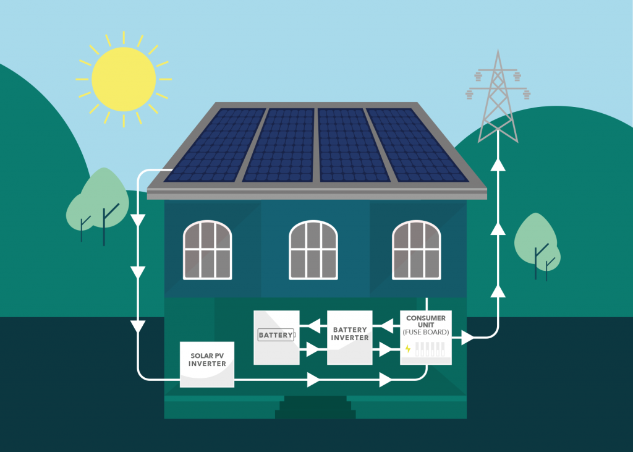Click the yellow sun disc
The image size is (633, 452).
[124, 79]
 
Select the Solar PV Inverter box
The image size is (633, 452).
[207, 364]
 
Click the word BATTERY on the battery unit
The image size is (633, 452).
[275, 335]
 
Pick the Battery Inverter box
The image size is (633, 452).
[350, 337]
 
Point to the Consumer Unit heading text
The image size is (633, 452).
[426, 322]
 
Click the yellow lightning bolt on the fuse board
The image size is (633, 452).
[408, 349]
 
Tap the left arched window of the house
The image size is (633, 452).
[207, 250]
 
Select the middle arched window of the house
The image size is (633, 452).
[313, 250]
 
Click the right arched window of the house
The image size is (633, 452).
[416, 250]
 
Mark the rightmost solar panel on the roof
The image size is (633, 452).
[414, 145]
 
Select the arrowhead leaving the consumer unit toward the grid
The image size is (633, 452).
[468, 338]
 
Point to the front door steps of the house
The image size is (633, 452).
[315, 408]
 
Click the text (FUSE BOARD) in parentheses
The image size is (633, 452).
[426, 333]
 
